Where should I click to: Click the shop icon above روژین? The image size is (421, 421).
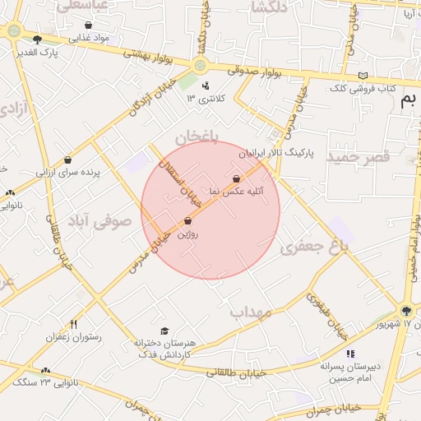188,220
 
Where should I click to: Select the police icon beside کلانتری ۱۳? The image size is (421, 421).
205,86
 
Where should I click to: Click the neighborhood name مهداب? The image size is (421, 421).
251,312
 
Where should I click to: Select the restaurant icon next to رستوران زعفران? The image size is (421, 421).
74,324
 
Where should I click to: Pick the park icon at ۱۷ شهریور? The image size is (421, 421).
405,310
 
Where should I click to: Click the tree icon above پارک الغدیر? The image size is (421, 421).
37,39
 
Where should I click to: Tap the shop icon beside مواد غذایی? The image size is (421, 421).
88,25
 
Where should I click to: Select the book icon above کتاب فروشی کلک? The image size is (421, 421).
363,76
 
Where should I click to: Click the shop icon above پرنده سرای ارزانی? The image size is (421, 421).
67,160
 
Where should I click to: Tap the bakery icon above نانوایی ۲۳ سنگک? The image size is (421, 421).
45,371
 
